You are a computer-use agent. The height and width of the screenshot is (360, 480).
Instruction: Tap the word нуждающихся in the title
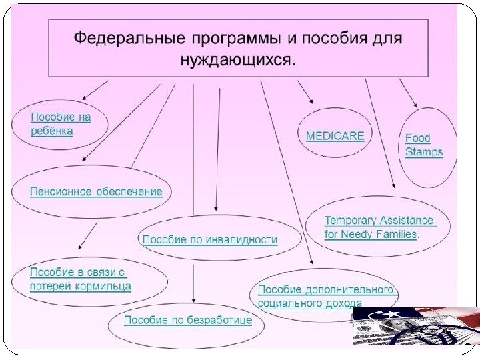[237, 60]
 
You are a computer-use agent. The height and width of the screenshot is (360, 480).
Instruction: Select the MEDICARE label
[335, 136]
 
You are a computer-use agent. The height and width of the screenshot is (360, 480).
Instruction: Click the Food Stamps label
[424, 145]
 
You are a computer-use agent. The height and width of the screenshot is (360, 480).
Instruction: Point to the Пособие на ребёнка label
[60, 124]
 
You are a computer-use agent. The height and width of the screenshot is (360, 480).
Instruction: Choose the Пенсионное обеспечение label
[96, 192]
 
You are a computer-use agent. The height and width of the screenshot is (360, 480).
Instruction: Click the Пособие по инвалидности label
[210, 239]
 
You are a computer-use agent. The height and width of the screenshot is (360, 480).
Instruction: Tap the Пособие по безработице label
[188, 321]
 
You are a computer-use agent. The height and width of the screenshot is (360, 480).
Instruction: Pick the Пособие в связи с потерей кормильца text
[80, 279]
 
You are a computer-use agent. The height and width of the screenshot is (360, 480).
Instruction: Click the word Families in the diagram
[397, 235]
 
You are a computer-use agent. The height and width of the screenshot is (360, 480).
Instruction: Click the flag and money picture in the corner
[415, 327]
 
